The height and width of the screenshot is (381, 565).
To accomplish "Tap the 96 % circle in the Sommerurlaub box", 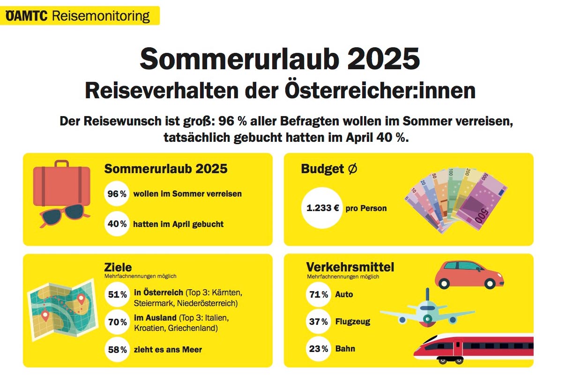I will point(117,194).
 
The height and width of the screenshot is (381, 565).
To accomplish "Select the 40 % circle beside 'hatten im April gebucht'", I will point(117,224).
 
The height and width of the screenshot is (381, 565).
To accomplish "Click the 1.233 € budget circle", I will point(323,208).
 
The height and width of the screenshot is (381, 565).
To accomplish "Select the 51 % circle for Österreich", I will point(117,294).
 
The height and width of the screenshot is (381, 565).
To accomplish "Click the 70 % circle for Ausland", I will point(117,322).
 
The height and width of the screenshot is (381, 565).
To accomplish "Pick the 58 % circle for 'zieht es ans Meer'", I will point(117,350).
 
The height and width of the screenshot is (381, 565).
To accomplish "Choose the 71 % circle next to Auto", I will point(319,294).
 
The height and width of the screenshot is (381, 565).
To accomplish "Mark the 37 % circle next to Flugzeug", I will point(319,322).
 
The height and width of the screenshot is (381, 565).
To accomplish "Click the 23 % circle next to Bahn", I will point(319,349).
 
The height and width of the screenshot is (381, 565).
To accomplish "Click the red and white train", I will point(473,349).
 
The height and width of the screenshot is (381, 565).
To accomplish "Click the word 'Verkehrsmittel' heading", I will point(350,267).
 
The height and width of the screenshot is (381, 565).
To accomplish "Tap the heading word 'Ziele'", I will point(118,267).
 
